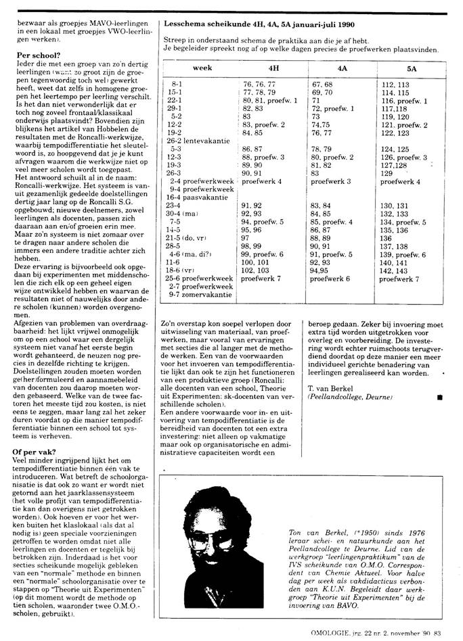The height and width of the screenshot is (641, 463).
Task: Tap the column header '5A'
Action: coord(412,68)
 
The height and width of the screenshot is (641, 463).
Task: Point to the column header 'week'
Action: coord(202,68)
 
